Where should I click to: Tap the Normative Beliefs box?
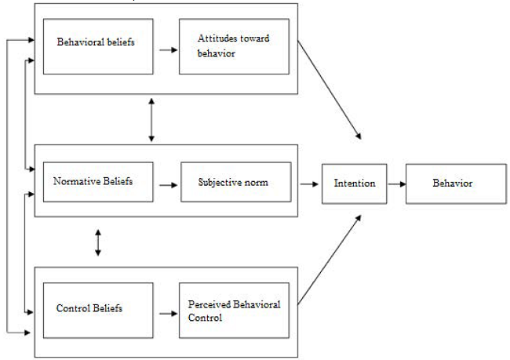[x=93, y=181]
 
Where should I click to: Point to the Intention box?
[x=355, y=183]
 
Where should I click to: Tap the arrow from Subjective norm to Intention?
[x=309, y=183]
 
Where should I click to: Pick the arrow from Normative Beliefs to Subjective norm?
[x=167, y=186]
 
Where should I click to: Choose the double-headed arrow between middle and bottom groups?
[x=97, y=242]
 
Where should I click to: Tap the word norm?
[x=256, y=182]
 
